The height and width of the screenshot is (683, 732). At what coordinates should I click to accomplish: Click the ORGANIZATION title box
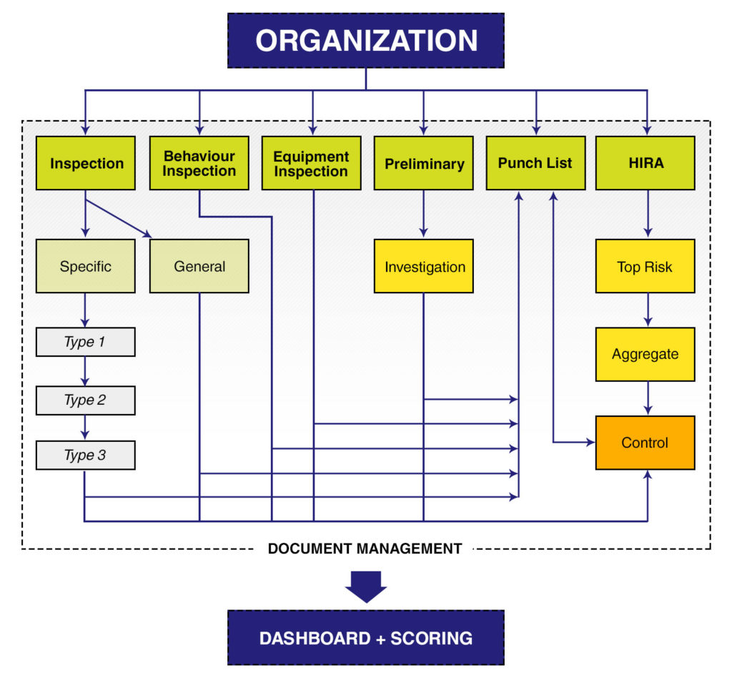(366, 40)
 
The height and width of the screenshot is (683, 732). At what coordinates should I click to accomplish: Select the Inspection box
(86, 163)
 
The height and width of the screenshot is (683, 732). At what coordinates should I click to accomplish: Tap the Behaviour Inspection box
(199, 163)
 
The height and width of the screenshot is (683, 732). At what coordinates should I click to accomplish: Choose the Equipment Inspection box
(312, 163)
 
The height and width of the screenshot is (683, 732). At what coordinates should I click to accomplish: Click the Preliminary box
(424, 163)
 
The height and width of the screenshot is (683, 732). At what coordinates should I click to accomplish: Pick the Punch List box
(535, 163)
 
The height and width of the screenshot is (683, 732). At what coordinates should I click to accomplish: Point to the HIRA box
(646, 163)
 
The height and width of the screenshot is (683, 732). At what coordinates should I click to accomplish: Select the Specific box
(86, 266)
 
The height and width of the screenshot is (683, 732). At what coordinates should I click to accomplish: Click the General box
(199, 266)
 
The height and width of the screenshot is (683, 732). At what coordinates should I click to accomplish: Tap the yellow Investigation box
(424, 267)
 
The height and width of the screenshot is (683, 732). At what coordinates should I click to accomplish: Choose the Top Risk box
(646, 267)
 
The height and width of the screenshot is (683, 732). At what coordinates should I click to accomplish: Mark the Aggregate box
(646, 354)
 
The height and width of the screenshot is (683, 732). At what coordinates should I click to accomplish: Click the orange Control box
(646, 443)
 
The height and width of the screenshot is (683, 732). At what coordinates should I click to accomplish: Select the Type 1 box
(86, 342)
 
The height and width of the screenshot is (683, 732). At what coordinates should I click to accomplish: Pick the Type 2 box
(86, 400)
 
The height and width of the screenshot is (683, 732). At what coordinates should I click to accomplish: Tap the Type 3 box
(86, 455)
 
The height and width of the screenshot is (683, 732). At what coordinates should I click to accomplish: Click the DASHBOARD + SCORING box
(366, 637)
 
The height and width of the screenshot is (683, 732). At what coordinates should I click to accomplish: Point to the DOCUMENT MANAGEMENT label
(365, 549)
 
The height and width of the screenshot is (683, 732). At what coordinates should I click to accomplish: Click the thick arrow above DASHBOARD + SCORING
(366, 586)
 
